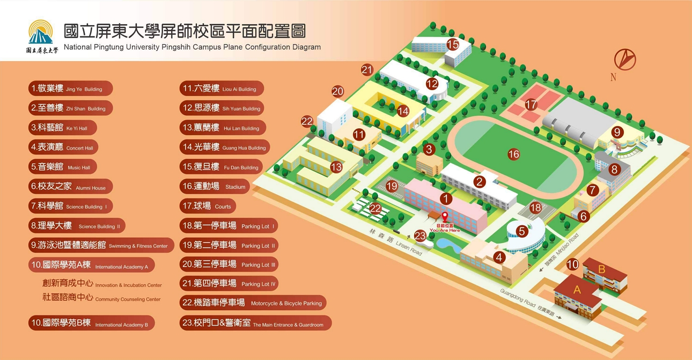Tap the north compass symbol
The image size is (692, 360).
pyautogui.click(x=624, y=60)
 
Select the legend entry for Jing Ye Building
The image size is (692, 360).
pyautogui.click(x=70, y=89)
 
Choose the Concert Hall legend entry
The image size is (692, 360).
pyautogui.click(x=63, y=147)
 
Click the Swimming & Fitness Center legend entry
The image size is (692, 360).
pyautogui.click(x=101, y=245)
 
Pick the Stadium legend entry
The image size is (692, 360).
pyautogui.click(x=215, y=186)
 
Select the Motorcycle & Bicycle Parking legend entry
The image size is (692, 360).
pyautogui.click(x=253, y=303)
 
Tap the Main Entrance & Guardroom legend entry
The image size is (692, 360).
pyautogui.click(x=255, y=323)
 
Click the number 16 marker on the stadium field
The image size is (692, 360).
pyautogui.click(x=513, y=154)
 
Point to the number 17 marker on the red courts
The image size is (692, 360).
pyautogui.click(x=531, y=105)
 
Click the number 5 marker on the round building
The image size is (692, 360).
pyautogui.click(x=522, y=231)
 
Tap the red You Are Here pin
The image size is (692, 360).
pyautogui.click(x=445, y=217)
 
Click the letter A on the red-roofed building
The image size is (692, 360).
pyautogui.click(x=577, y=290)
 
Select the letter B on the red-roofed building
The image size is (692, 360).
pyautogui.click(x=601, y=269)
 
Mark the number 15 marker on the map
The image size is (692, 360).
pyautogui.click(x=453, y=45)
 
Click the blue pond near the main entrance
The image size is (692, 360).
pyautogui.click(x=448, y=245)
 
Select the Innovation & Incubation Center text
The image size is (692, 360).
pyautogui.click(x=102, y=283)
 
